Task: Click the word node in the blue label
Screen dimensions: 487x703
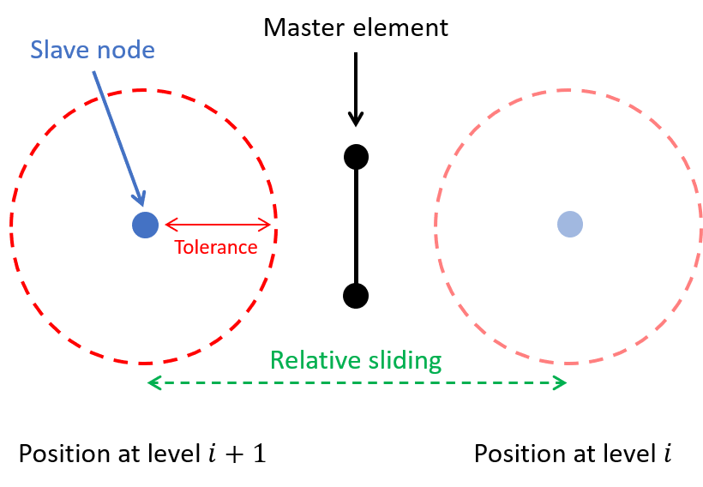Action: (123, 50)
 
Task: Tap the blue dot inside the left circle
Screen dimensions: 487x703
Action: (146, 225)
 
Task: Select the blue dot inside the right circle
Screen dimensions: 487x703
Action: (570, 225)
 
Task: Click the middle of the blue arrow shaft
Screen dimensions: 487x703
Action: (117, 137)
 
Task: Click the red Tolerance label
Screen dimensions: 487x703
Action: (216, 248)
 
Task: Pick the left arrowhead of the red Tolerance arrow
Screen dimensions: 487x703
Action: (168, 225)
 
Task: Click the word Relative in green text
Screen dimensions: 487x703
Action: (312, 360)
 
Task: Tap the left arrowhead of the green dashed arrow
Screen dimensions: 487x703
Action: (152, 382)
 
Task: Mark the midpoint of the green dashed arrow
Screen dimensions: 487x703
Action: (358, 382)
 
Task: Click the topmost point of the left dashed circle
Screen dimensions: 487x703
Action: (144, 90)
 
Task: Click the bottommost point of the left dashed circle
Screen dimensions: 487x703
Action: (144, 363)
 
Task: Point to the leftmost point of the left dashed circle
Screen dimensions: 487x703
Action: (10, 225)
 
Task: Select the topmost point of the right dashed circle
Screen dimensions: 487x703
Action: (568, 89)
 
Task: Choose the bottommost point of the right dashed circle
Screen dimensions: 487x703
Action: (568, 362)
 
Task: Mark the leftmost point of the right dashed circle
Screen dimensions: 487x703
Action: (435, 225)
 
